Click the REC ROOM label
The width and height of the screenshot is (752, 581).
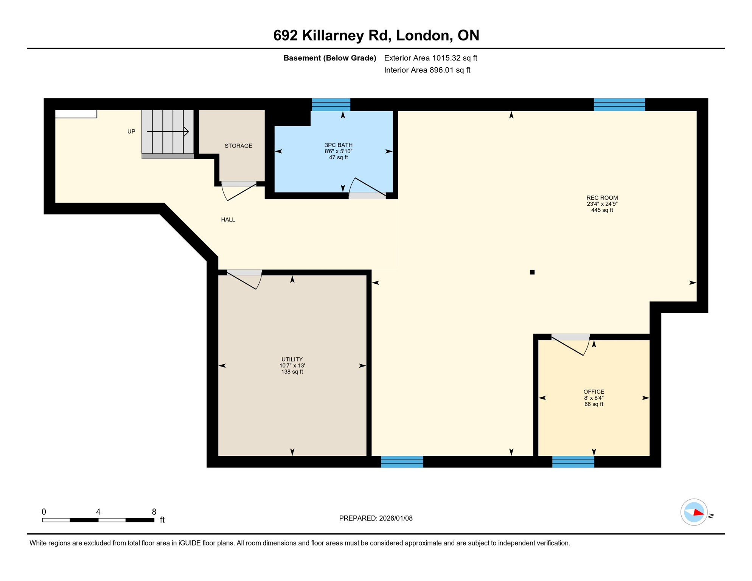[x=602, y=198]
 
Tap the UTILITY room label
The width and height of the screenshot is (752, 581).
[x=292, y=359]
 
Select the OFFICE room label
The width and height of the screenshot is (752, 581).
[x=594, y=392]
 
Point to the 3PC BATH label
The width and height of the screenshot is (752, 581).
[x=339, y=145]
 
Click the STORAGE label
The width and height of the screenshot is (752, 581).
[x=238, y=146]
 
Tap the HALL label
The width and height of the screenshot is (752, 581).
[x=228, y=220]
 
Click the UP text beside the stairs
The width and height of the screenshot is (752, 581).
[x=131, y=132]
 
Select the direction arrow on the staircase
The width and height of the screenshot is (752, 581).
[x=168, y=132]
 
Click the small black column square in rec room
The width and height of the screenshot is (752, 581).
[x=532, y=272]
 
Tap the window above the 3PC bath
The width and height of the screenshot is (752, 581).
[x=331, y=104]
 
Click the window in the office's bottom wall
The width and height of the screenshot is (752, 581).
[x=573, y=462]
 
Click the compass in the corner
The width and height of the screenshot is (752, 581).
[x=694, y=513]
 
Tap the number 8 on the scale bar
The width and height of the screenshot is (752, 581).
[x=154, y=512]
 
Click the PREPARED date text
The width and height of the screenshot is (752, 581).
[x=376, y=519]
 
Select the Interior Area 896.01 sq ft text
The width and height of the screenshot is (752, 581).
[x=427, y=70]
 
